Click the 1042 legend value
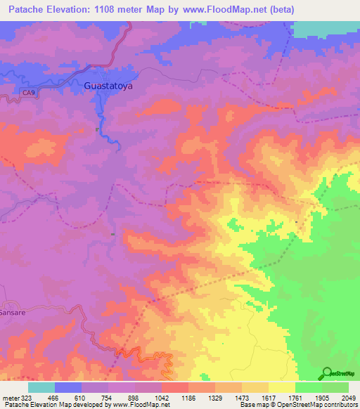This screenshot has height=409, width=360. pos(162,398)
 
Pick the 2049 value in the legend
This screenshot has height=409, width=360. pos(349,398)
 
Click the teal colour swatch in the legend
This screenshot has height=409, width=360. pos(41,387)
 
